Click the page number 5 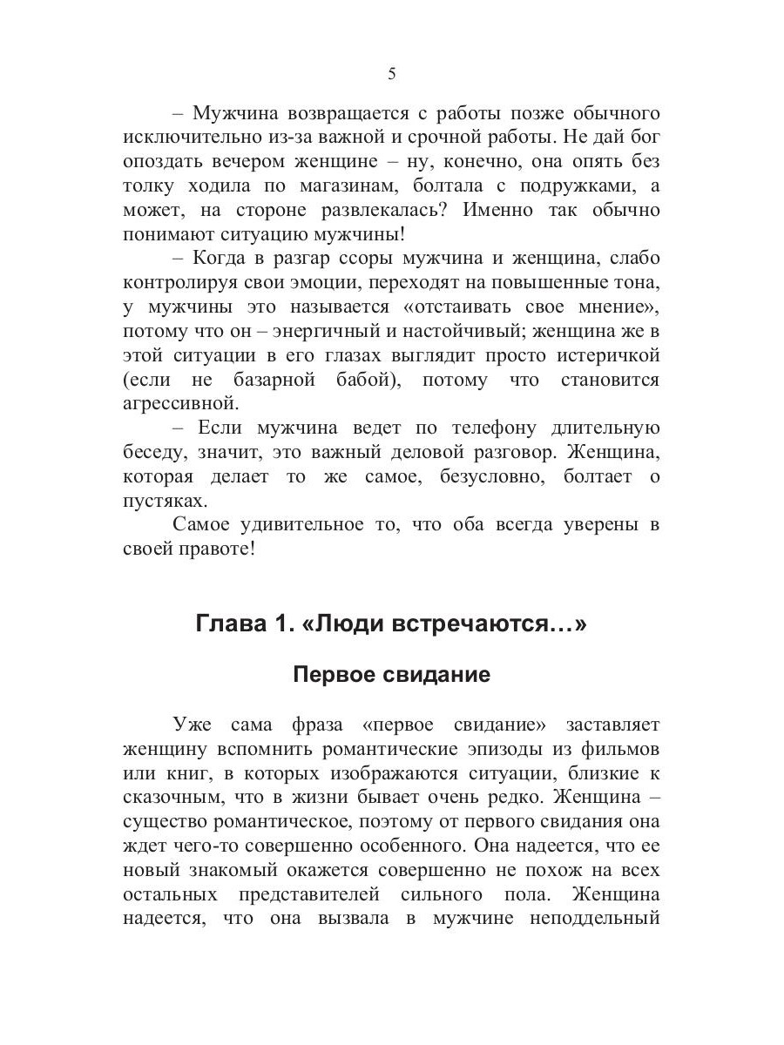(392, 74)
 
